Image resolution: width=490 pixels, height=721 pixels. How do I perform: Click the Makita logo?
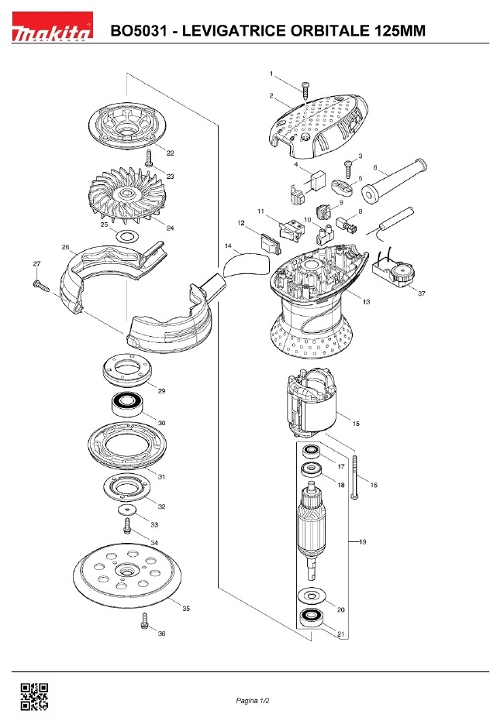52,26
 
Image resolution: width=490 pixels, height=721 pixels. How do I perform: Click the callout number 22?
170,153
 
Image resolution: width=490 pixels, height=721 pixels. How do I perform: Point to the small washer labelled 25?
126,237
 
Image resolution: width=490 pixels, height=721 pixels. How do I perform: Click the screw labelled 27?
41,286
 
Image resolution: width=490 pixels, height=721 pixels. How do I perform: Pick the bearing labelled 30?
126,403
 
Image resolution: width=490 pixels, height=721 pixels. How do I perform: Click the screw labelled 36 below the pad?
145,621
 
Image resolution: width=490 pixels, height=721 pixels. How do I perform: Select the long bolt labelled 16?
354,477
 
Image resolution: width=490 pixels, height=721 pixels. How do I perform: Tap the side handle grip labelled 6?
394,180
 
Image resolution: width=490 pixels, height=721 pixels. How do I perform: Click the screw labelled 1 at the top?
305,91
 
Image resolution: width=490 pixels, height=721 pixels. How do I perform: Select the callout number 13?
367,302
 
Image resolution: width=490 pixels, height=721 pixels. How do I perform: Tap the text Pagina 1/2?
253,701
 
